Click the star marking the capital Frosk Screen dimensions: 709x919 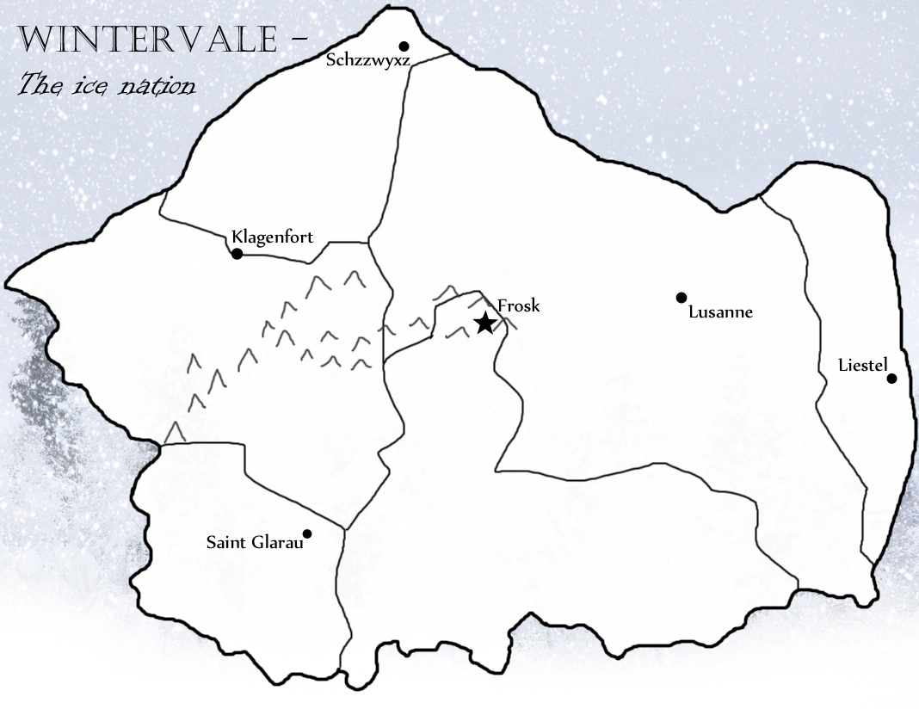[x=484, y=324]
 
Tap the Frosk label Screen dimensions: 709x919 [x=519, y=305]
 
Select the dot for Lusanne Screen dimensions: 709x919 [x=682, y=298]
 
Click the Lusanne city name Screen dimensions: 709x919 [x=721, y=312]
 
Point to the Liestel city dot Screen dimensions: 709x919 [x=891, y=379]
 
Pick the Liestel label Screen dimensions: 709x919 [x=862, y=366]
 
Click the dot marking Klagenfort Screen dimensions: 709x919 [x=237, y=254]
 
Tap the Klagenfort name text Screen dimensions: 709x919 [x=273, y=237]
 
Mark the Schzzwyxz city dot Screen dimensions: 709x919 [x=404, y=46]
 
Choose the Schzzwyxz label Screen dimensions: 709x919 [x=367, y=60]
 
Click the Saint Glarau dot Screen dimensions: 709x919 [x=307, y=533]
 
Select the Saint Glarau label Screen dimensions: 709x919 [x=255, y=543]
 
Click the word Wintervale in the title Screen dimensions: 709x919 [x=146, y=39]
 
